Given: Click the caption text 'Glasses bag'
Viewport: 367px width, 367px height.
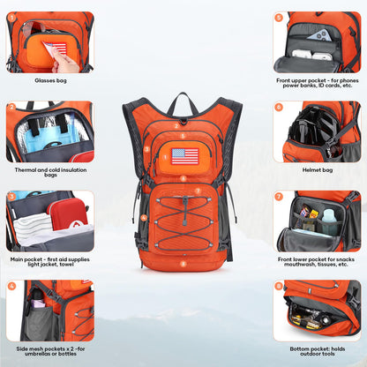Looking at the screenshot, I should click(x=49, y=79).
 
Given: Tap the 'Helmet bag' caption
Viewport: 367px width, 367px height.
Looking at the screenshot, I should click(x=318, y=169).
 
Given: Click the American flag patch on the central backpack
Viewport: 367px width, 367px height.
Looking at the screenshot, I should click(x=184, y=156).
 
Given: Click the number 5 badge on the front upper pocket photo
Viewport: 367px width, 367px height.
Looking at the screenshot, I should click(x=279, y=17).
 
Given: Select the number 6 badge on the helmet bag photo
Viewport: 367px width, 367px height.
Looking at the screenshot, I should click(x=279, y=107).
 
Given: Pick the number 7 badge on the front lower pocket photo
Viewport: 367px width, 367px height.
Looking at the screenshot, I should click(x=279, y=196).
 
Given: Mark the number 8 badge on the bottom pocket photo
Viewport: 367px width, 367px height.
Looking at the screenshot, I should click(x=279, y=286).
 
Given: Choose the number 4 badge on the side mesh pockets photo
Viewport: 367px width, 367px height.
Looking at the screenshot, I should click(x=11, y=286).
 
